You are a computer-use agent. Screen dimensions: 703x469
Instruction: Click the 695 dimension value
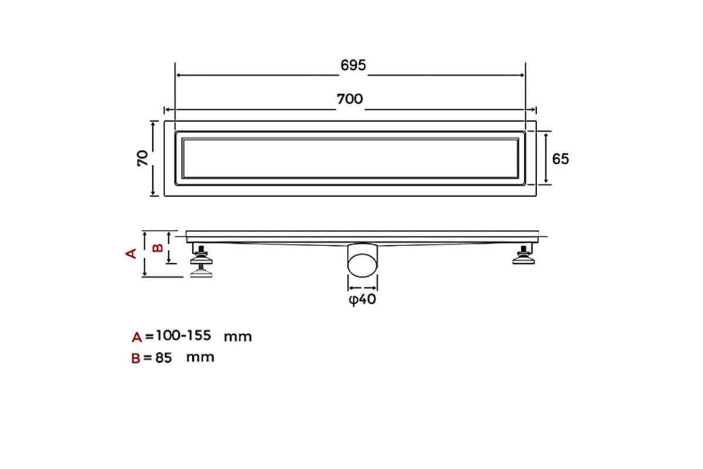(353, 65)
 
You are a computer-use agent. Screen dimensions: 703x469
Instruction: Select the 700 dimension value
(350, 99)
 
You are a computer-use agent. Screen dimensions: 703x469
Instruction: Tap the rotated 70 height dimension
(142, 158)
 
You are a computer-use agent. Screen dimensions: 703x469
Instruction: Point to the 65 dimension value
(560, 159)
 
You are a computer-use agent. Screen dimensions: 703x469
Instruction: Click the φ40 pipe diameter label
(362, 300)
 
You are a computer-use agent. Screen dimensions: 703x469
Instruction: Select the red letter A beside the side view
(131, 253)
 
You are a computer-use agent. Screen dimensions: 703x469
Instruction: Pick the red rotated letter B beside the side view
(158, 248)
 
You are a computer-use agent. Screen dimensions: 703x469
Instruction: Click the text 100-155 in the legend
(183, 336)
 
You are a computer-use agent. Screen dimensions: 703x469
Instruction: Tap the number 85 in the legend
(163, 358)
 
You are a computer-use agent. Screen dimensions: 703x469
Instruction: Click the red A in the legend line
(137, 337)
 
